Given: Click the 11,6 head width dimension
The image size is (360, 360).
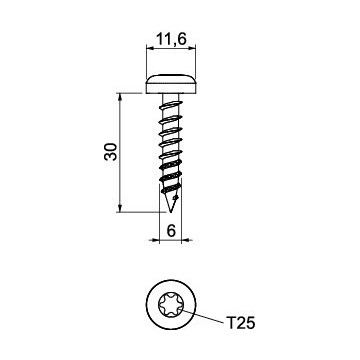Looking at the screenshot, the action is [x=171, y=40].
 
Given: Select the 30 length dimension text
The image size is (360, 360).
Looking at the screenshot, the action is [x=111, y=152].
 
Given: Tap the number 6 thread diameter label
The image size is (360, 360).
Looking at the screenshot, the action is [x=171, y=231].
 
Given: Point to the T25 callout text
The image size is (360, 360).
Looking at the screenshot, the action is [x=241, y=323].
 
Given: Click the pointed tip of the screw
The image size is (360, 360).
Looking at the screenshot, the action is [x=171, y=212].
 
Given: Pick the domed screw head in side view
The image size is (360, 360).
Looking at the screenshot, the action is [x=171, y=84].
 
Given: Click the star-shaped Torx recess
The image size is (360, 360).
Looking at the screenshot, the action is [x=171, y=305].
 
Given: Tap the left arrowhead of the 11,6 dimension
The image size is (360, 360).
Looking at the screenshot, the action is [x=150, y=49].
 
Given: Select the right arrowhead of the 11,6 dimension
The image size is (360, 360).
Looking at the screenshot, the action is [x=192, y=49].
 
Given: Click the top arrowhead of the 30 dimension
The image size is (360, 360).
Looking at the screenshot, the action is [x=120, y=97].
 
